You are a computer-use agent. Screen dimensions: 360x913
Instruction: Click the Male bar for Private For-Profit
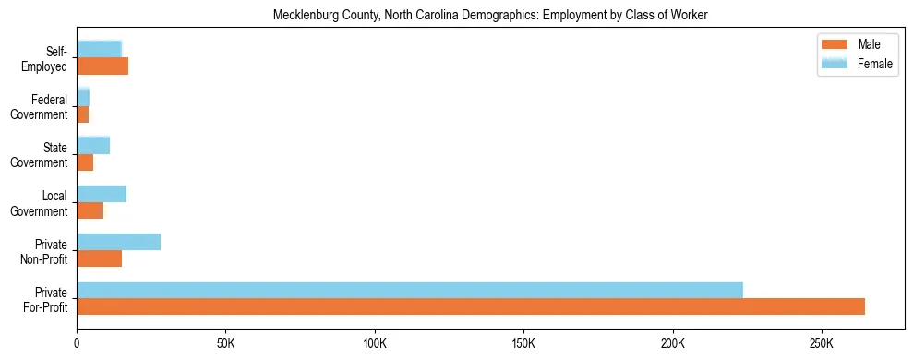[x=471, y=306]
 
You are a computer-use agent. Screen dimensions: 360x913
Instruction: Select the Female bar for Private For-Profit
[x=410, y=290]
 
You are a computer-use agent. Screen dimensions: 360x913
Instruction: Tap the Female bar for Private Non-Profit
[x=118, y=242]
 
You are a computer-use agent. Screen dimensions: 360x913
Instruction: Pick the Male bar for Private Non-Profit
[x=99, y=258]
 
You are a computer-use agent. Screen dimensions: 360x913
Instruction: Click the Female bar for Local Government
[x=102, y=194]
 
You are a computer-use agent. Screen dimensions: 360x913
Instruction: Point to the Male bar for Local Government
[x=90, y=210]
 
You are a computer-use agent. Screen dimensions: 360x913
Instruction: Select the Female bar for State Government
[x=93, y=145]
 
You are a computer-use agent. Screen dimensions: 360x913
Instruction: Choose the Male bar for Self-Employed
[x=102, y=66]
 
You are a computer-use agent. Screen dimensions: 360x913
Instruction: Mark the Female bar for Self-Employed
[x=99, y=49]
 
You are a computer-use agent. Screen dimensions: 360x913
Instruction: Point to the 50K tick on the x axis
[x=225, y=343]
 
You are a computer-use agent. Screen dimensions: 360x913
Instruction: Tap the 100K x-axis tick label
[x=375, y=343]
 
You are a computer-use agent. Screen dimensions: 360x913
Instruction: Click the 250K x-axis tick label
[x=821, y=343]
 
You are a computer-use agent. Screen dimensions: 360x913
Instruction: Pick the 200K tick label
[x=672, y=343]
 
